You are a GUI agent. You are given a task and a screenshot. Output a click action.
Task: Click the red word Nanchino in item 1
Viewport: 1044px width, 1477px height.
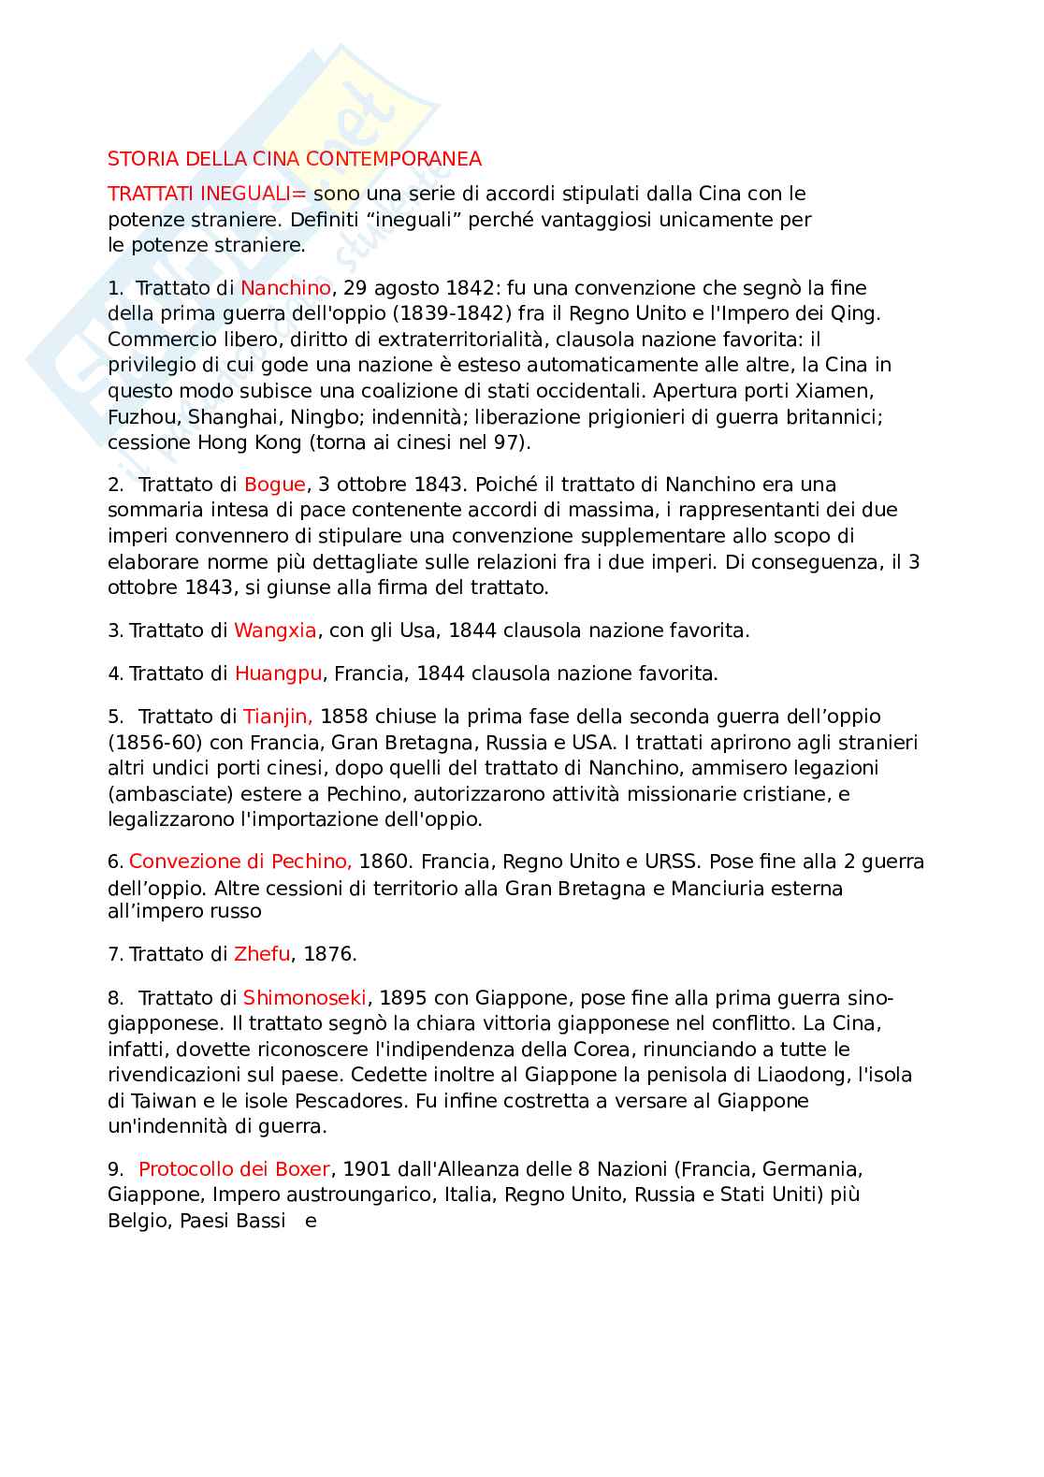pyautogui.click(x=285, y=288)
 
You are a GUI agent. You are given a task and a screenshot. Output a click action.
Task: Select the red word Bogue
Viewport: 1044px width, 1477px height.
pyautogui.click(x=274, y=485)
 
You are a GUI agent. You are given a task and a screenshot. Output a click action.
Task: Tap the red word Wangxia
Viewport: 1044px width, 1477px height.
pyautogui.click(x=275, y=630)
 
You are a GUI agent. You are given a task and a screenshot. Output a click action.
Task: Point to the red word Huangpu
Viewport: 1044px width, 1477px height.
pyautogui.click(x=278, y=673)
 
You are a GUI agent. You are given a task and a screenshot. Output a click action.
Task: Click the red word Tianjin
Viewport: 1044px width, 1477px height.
pyautogui.click(x=277, y=717)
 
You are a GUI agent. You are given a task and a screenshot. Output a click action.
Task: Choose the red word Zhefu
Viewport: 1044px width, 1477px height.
pyautogui.click(x=262, y=954)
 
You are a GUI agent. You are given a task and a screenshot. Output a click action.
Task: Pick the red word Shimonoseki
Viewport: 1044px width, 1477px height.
pyautogui.click(x=305, y=997)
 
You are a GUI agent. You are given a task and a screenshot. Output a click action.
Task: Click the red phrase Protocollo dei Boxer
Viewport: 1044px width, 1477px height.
pyautogui.click(x=234, y=1169)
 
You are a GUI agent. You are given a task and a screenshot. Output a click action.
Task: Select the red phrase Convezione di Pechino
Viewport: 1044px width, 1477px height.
pyautogui.click(x=239, y=862)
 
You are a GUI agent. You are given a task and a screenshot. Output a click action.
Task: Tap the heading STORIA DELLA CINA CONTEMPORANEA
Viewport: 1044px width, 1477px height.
pyautogui.click(x=295, y=159)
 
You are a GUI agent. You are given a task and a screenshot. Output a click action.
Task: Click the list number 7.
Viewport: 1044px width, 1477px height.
pyautogui.click(x=114, y=954)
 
